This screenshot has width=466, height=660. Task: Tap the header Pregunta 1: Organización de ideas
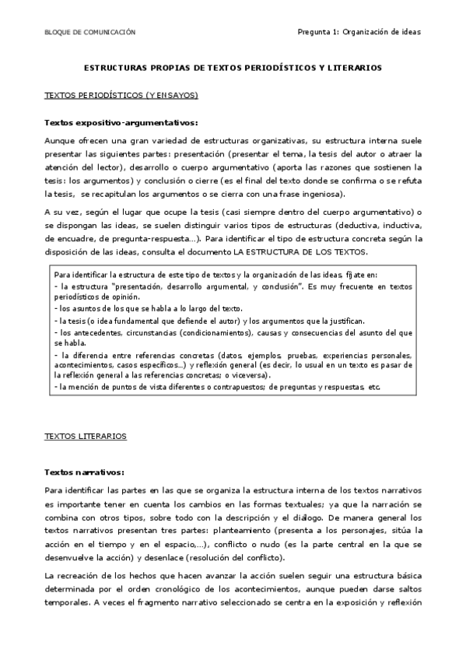coord(359,33)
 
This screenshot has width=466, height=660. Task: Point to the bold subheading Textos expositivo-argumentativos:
coord(121,123)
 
